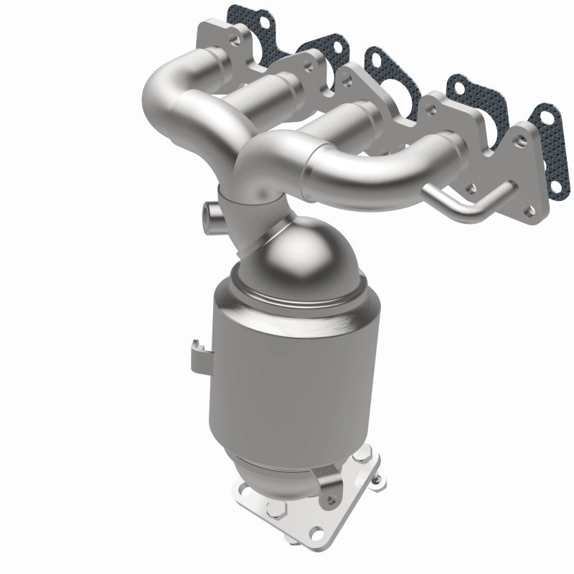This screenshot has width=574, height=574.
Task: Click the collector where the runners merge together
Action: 251,179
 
